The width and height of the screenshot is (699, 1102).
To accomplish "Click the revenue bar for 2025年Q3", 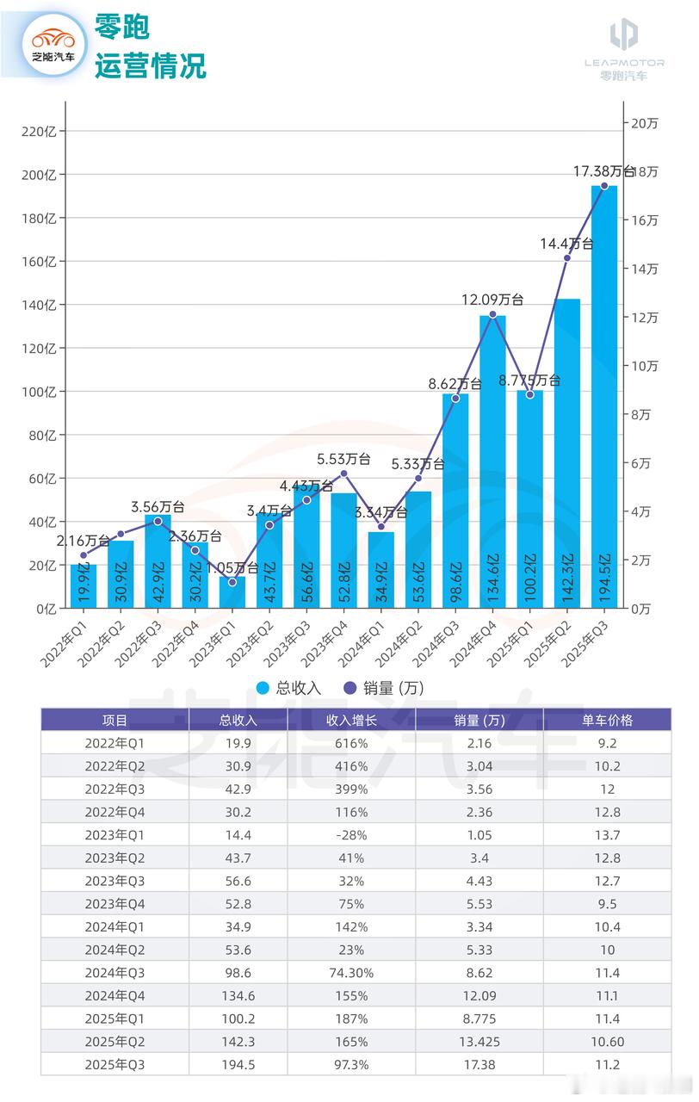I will click(603, 396).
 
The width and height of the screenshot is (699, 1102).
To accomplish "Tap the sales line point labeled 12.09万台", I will click(492, 314).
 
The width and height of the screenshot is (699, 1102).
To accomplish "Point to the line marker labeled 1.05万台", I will click(232, 583).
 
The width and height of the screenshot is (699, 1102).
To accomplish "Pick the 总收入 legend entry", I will click(288, 687).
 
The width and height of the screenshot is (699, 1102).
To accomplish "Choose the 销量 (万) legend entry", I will click(383, 687).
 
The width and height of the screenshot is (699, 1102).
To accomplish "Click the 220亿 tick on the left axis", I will click(40, 132).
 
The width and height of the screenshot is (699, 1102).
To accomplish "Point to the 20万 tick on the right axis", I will click(644, 123).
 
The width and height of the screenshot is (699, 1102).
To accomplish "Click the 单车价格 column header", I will click(607, 720).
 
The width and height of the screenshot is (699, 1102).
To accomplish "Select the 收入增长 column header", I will click(351, 720).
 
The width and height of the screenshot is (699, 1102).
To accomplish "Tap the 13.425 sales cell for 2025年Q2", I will click(479, 1042).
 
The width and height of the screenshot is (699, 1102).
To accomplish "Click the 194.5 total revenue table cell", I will click(238, 1065).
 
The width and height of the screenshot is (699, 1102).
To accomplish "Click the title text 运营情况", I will click(150, 65).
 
